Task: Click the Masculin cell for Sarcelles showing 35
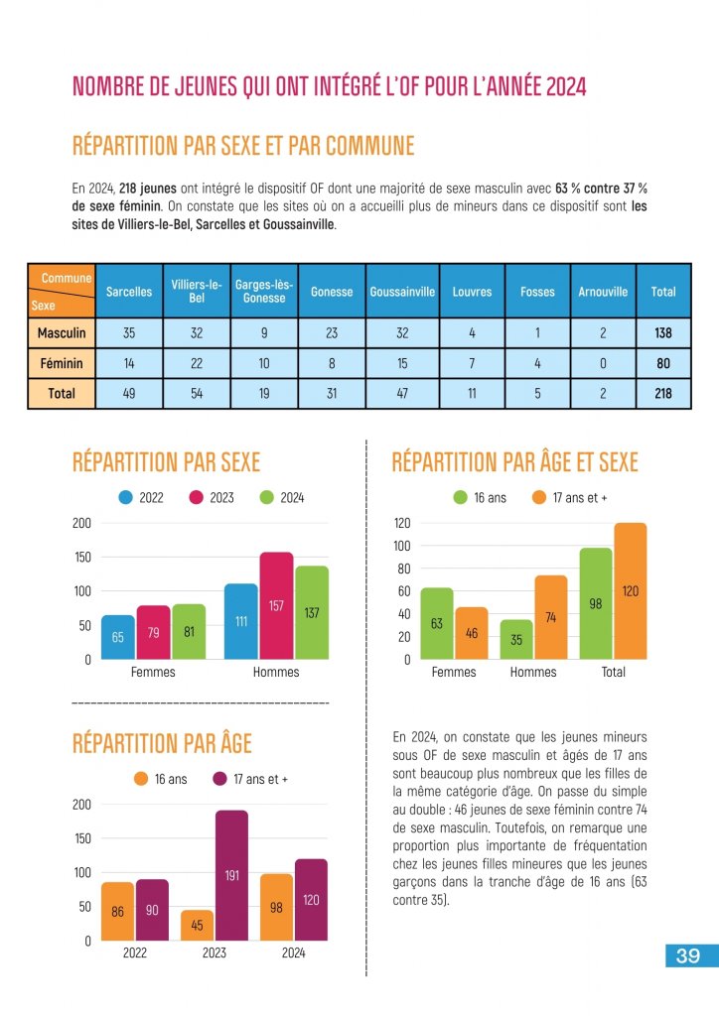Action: point(129,334)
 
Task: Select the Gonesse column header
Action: point(332,292)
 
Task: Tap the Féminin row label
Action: point(62,364)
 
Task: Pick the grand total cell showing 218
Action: point(663,394)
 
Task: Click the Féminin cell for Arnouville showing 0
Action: point(603,364)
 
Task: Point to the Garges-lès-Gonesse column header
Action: point(264,292)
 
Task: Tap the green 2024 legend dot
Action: point(266,498)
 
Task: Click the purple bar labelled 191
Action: point(231,874)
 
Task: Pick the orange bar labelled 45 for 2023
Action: point(197,925)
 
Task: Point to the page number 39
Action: point(688,956)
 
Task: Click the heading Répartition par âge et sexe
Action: point(514,462)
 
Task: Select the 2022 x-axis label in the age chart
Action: point(135,953)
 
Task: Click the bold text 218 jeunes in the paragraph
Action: point(148,188)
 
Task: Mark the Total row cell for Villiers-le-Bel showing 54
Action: point(197,394)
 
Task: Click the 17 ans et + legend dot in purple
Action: point(220,779)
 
